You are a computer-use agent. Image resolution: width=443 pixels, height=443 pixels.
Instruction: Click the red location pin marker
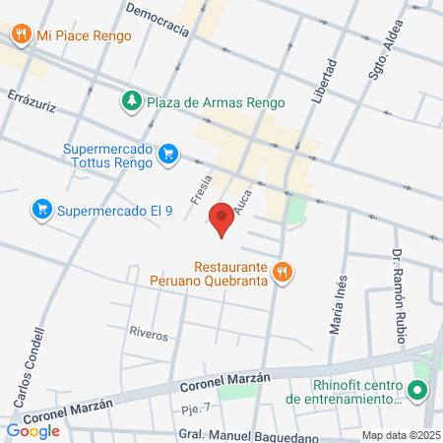coord(222,220)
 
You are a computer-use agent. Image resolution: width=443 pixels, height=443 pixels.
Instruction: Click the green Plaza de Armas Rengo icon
coord(131,100)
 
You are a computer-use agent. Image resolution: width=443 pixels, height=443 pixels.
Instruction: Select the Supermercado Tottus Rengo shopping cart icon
coord(168,154)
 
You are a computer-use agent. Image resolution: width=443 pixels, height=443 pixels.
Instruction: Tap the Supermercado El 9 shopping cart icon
coord(41,209)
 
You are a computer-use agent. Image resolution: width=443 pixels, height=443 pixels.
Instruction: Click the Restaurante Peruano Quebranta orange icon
coord(284,273)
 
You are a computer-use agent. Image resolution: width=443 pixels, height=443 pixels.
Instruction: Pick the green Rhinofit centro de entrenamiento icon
coord(417,391)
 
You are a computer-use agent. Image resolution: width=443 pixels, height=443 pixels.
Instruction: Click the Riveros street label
coord(149,333)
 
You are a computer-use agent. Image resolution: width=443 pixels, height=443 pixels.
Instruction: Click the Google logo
coord(32,430)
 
